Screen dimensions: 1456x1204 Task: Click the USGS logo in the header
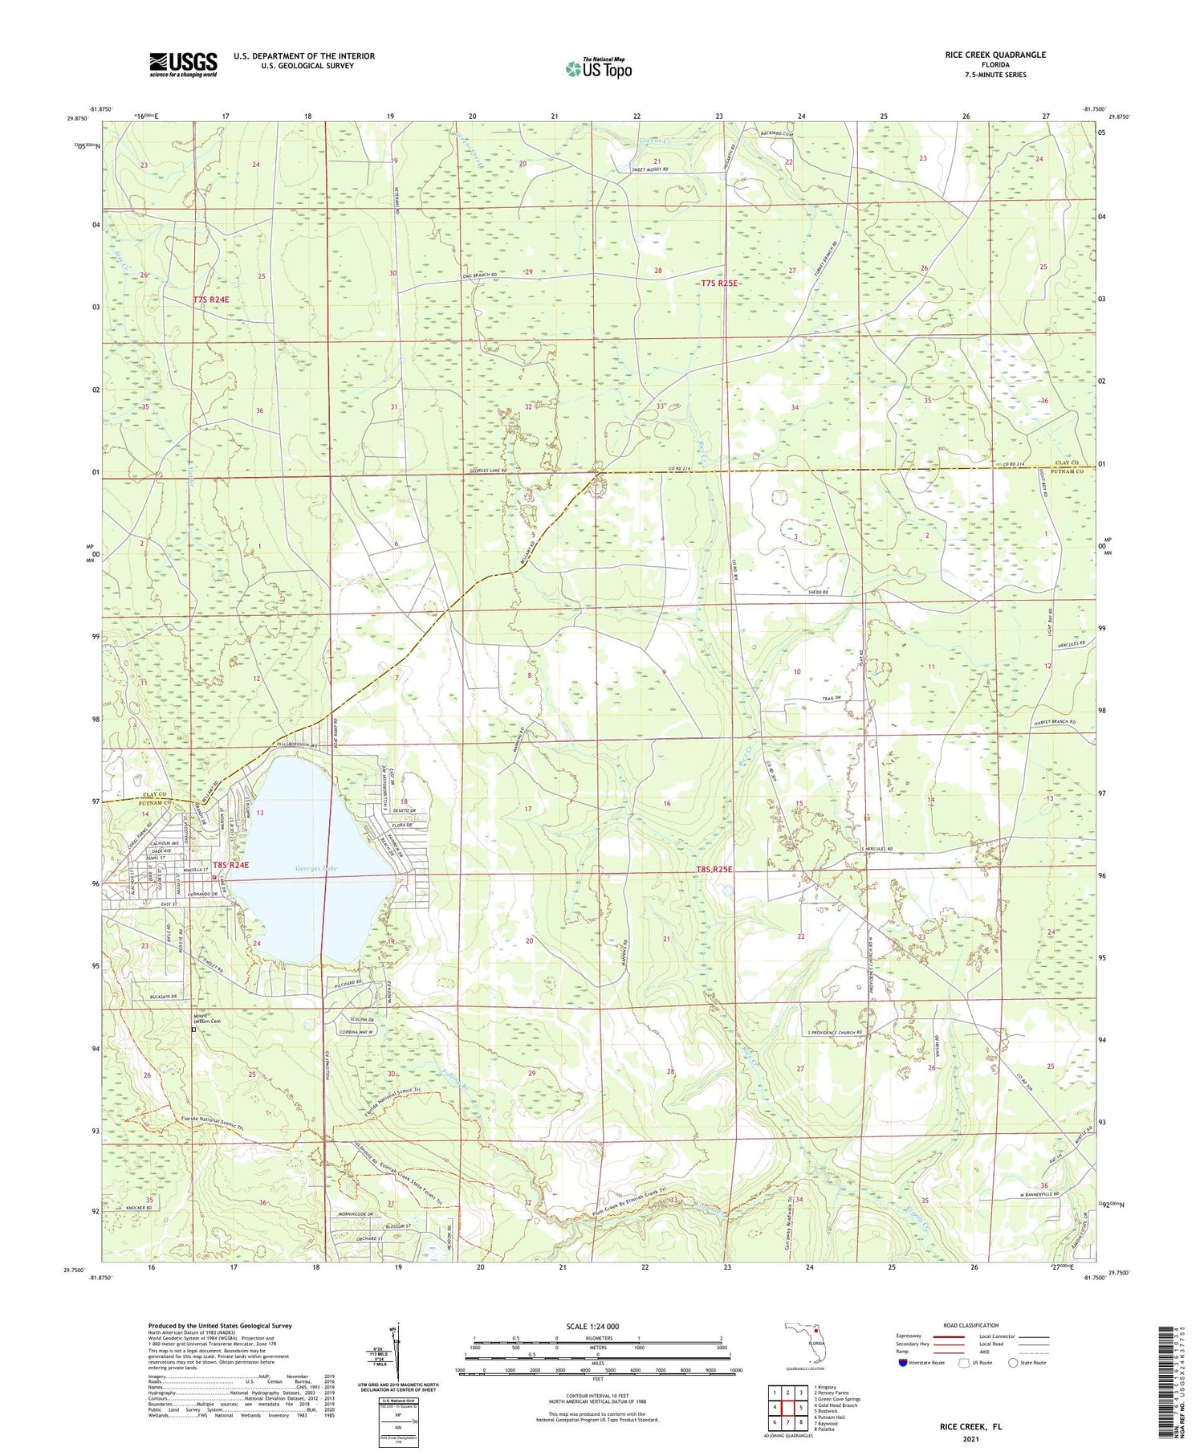click(183, 64)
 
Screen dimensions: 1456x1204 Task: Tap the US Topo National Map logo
click(599, 68)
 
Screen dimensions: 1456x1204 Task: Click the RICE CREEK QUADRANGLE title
click(995, 55)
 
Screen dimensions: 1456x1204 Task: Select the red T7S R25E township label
click(718, 283)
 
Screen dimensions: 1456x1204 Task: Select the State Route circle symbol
click(1014, 1363)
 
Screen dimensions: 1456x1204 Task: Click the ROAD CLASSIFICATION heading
click(971, 1325)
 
